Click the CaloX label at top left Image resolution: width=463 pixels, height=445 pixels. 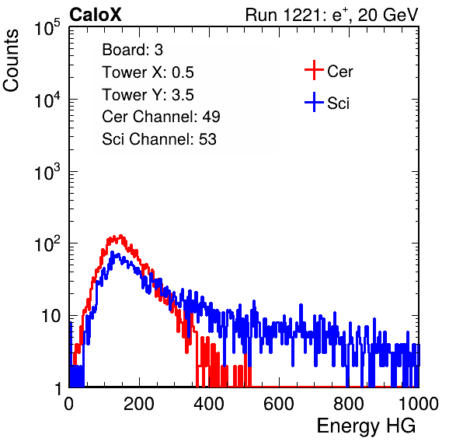(x=96, y=15)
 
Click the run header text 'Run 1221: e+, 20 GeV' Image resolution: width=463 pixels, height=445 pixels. (x=332, y=15)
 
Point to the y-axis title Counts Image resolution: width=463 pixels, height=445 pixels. (x=11, y=61)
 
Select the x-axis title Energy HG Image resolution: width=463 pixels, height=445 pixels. (x=366, y=426)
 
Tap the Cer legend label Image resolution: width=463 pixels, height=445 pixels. (x=339, y=72)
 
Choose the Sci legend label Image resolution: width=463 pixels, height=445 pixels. (x=338, y=103)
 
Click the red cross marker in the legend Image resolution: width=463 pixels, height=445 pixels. (x=314, y=70)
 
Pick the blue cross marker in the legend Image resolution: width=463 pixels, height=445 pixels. (x=314, y=103)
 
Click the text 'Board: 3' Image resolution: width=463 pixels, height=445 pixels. (x=132, y=50)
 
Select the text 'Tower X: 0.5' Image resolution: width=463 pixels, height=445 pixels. (x=148, y=72)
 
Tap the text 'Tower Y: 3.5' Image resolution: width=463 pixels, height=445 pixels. (x=148, y=95)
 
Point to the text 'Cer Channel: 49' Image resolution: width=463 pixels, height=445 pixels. (x=161, y=117)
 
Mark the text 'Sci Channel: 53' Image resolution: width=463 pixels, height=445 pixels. (x=159, y=139)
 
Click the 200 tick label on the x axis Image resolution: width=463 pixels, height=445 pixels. (x=139, y=404)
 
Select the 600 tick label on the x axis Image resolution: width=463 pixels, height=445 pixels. (x=279, y=404)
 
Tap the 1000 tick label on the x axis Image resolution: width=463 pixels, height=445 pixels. (x=419, y=404)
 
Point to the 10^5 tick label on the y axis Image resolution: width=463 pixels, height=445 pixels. (x=47, y=28)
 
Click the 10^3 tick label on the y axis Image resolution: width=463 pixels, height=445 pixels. (x=47, y=172)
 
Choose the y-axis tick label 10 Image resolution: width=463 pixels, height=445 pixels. (x=50, y=317)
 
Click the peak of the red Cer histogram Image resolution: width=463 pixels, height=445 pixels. (x=120, y=236)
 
